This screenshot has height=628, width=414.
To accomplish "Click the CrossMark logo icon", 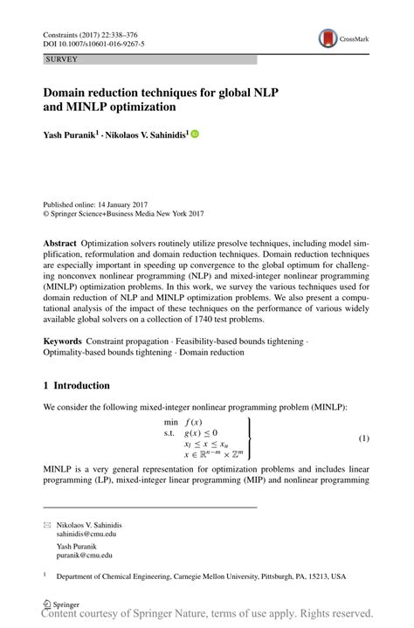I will coord(328,38).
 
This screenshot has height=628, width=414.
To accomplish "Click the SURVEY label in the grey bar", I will coord(61,59).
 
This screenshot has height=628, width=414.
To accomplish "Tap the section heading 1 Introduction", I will coord(77,384).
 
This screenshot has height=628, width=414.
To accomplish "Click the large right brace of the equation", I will coord(251,438).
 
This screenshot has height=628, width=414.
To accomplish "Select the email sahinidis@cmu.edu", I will coord(86,533).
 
